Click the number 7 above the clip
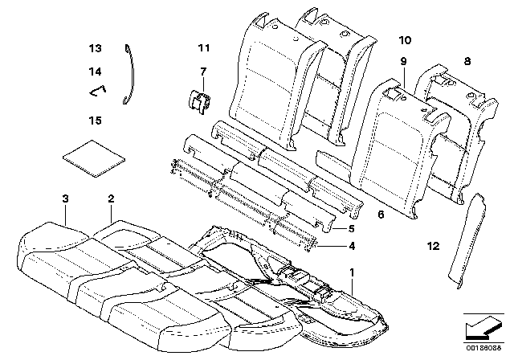click(203, 72)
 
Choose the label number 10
click(404, 39)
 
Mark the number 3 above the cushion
click(65, 198)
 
